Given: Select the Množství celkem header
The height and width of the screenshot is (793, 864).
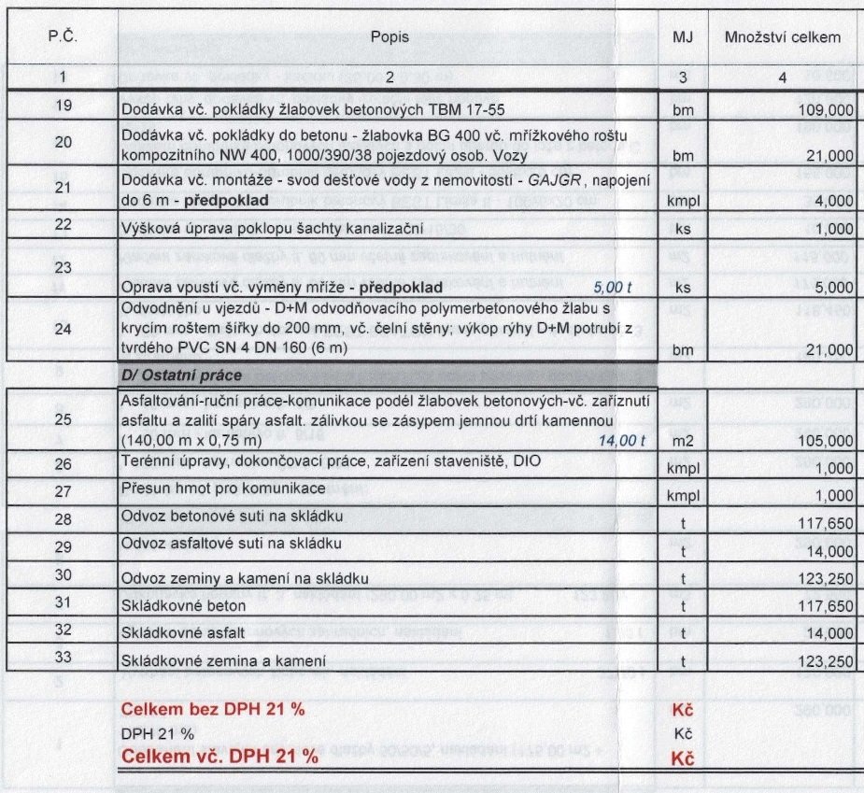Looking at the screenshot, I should pos(783,37).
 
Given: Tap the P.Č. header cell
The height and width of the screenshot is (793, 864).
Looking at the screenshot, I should pos(64,37).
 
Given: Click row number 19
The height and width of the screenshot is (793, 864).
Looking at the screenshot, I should pos(64,106).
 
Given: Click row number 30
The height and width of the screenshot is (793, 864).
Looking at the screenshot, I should pos(64,576).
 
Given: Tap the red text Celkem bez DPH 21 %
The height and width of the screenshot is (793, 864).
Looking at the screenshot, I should pos(214,709).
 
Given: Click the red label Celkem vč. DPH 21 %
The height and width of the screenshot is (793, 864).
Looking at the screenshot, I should pos(220,757).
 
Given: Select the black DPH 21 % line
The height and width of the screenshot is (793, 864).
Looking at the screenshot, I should pos(157,733).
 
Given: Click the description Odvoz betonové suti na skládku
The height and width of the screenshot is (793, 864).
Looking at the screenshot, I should pos(225,517).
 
